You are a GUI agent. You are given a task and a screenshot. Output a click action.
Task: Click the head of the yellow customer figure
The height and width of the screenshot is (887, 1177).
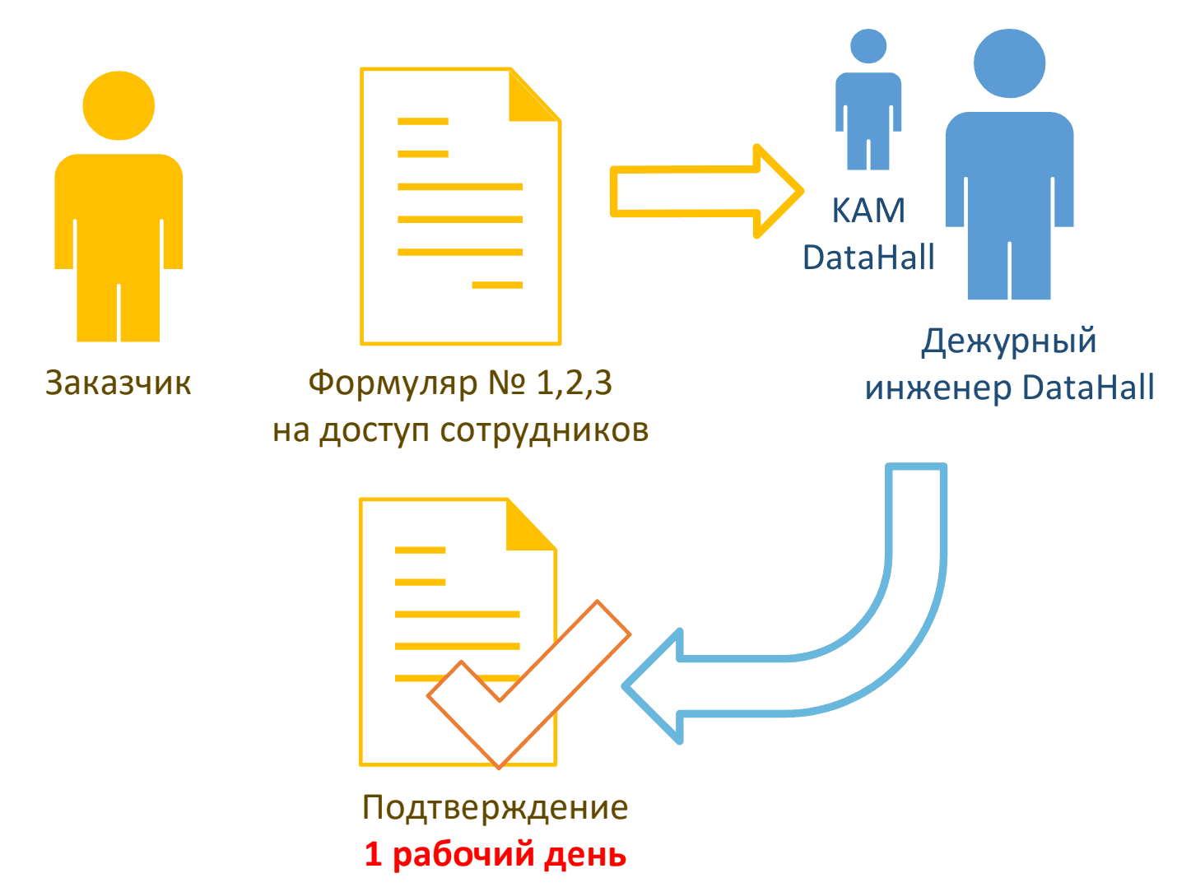(119, 106)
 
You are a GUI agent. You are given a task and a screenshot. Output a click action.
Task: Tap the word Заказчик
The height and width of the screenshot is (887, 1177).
(119, 383)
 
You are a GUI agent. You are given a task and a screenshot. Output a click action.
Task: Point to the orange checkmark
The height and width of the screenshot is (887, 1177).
(527, 683)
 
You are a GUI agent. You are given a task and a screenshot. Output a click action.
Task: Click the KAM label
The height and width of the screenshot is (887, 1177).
(868, 211)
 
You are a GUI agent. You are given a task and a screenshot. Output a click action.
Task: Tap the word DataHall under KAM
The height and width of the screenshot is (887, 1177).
(868, 258)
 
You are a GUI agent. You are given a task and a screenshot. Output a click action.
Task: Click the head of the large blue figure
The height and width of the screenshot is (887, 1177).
(1009, 63)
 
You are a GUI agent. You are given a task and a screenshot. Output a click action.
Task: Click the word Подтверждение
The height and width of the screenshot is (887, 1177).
(495, 808)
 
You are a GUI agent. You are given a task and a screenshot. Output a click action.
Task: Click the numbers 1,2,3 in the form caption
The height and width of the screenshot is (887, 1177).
(574, 383)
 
